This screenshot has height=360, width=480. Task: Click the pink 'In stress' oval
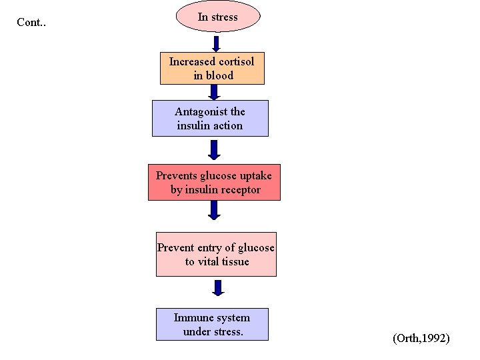coord(217,17)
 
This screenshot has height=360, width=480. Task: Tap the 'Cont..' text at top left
coord(31,23)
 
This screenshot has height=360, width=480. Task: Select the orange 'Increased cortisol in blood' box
coord(212,68)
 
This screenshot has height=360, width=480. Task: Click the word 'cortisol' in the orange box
coord(234,61)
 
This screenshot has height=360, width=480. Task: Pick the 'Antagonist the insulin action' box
coord(210,118)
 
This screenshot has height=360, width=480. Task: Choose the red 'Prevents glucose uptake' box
coord(214,182)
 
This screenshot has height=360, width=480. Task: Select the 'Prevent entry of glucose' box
coord(216,254)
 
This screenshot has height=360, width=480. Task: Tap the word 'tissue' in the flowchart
coord(235,261)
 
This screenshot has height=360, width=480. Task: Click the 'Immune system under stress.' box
coord(212,324)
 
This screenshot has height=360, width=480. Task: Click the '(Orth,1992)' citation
coord(421,339)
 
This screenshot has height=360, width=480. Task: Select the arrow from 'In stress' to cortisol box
coord(216,44)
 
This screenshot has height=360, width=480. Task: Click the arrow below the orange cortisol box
coord(215,93)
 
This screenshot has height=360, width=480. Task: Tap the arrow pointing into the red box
coord(214,149)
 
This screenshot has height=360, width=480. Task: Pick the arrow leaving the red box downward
coord(214,210)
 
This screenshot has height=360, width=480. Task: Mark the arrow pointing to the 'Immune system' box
coord(218,288)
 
